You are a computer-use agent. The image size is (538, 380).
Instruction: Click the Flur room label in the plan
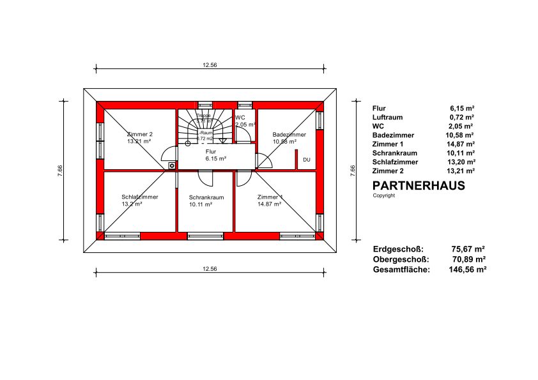(211, 151)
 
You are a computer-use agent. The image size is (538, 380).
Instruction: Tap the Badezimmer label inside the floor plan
(289, 135)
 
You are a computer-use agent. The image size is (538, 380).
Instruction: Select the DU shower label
(307, 159)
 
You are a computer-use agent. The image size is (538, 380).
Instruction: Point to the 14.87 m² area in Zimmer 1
(269, 204)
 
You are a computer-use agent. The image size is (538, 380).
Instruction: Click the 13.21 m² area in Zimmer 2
(139, 141)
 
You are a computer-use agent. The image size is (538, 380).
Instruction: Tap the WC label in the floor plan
(240, 118)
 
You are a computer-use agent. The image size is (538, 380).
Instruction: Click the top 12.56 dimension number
(210, 65)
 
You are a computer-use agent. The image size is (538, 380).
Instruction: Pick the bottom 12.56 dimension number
(210, 270)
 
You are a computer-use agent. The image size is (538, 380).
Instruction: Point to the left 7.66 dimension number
(59, 171)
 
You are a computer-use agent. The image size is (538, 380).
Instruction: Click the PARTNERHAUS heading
(419, 186)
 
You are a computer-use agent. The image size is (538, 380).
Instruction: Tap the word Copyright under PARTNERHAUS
(384, 195)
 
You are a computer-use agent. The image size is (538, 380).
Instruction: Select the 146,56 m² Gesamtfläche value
(467, 270)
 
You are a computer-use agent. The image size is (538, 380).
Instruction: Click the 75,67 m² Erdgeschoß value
(468, 249)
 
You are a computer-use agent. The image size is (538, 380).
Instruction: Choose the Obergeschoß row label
(401, 260)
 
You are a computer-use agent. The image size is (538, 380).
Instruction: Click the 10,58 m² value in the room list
(461, 135)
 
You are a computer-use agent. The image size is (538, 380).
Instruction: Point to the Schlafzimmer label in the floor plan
(139, 197)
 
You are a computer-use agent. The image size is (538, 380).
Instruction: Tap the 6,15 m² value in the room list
(462, 109)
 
